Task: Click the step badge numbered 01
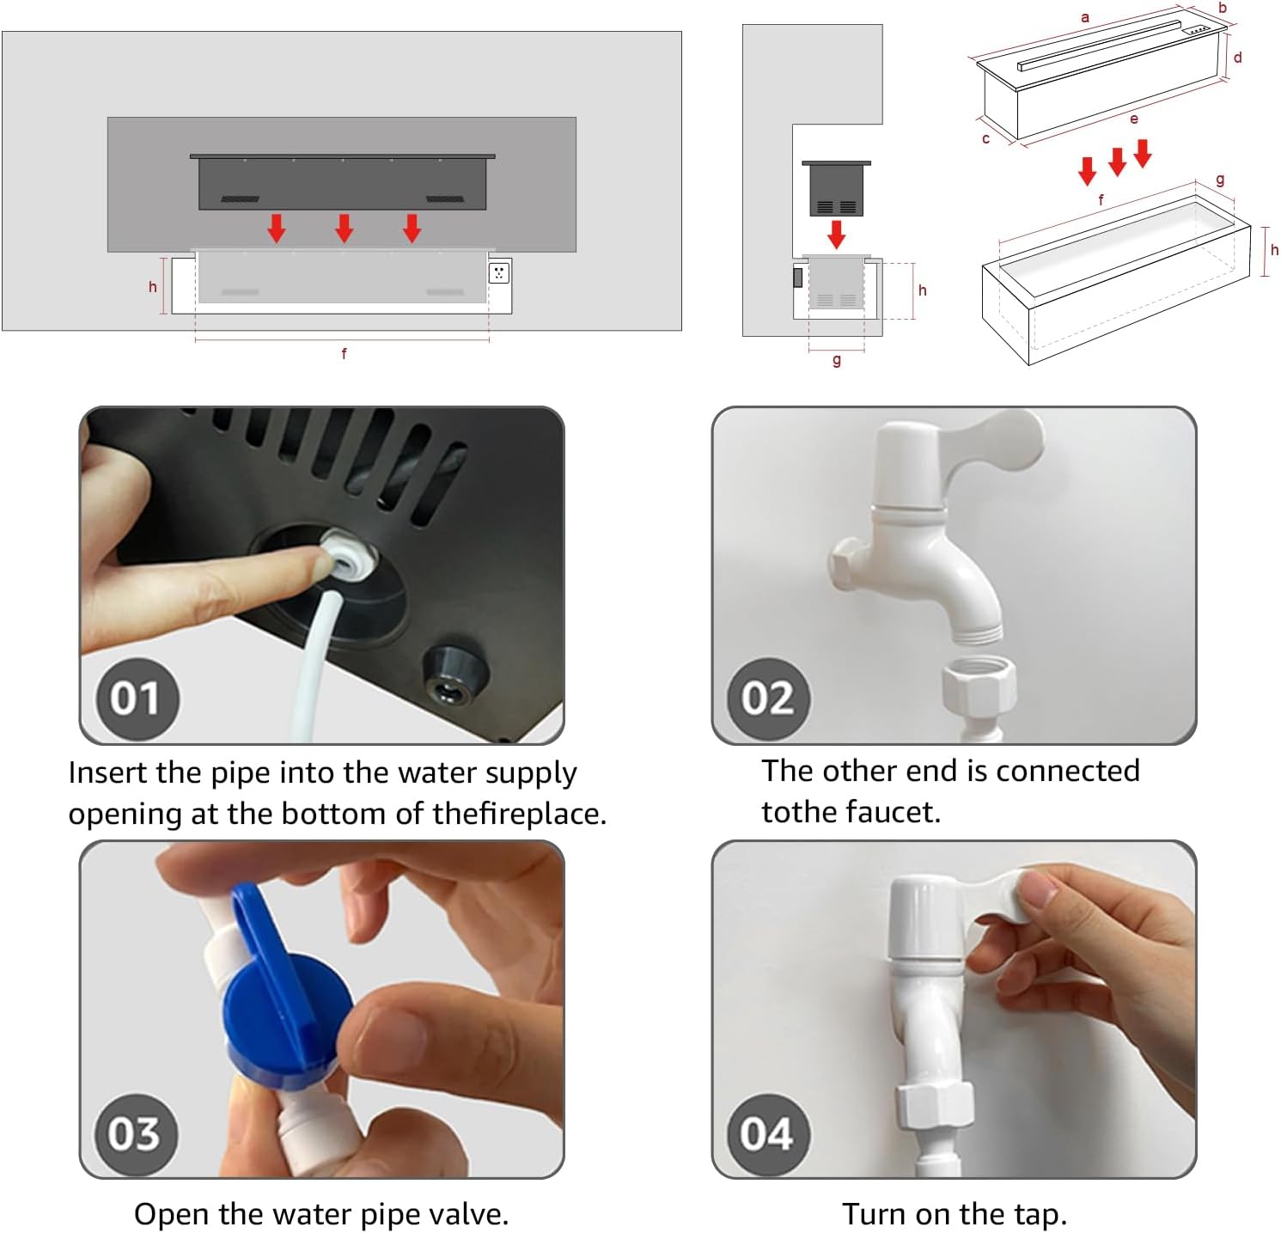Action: tap(135, 698)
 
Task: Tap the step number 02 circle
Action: tap(767, 698)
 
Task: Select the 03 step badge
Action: tap(135, 1133)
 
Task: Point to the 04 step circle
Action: tap(767, 1133)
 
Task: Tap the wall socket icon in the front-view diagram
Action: tap(499, 273)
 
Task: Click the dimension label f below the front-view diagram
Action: tap(345, 353)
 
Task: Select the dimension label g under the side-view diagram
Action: tap(837, 361)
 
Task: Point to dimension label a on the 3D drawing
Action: tap(1085, 17)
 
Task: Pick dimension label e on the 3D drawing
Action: tap(1134, 119)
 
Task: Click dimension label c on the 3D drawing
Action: tap(986, 138)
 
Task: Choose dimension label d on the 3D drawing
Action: tap(1238, 58)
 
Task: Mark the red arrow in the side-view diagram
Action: tap(836, 234)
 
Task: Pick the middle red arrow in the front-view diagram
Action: tap(345, 228)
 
